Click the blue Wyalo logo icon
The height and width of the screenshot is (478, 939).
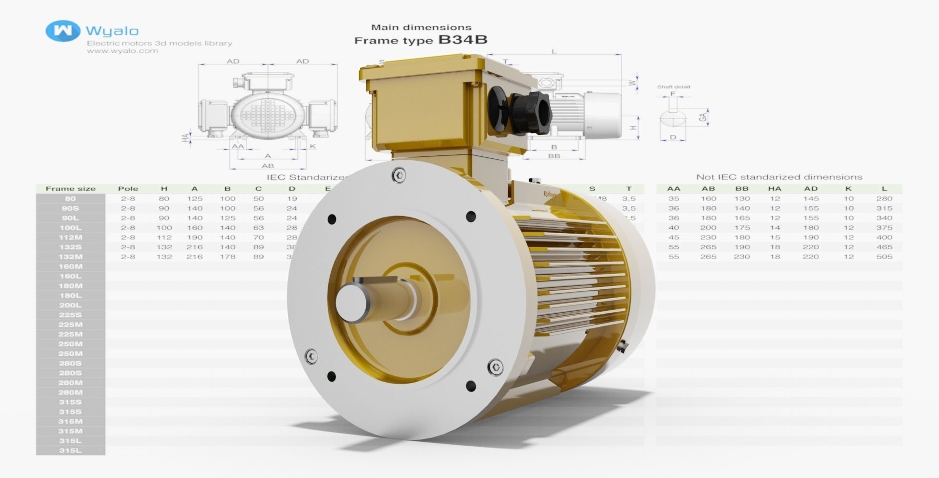(63, 31)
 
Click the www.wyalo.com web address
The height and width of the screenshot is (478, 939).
(122, 51)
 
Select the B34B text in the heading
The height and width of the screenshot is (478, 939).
(463, 40)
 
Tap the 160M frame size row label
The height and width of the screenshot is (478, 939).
(70, 266)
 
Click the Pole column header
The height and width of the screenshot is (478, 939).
(128, 189)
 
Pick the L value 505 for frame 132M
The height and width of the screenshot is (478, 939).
(884, 257)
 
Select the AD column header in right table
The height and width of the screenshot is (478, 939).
(811, 189)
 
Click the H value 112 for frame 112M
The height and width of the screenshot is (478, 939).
(164, 238)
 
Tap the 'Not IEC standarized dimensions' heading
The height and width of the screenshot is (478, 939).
(779, 177)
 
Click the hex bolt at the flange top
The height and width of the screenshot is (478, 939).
(399, 175)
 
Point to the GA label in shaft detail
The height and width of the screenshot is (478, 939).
(703, 117)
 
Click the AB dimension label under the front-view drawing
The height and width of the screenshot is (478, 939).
(268, 166)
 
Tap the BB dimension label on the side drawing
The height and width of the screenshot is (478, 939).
(554, 156)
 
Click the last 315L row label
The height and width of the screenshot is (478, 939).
(70, 451)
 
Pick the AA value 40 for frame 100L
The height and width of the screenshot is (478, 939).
(673, 228)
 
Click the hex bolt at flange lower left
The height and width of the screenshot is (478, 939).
(311, 356)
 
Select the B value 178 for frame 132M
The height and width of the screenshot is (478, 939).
(227, 257)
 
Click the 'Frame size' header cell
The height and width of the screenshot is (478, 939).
(70, 189)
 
